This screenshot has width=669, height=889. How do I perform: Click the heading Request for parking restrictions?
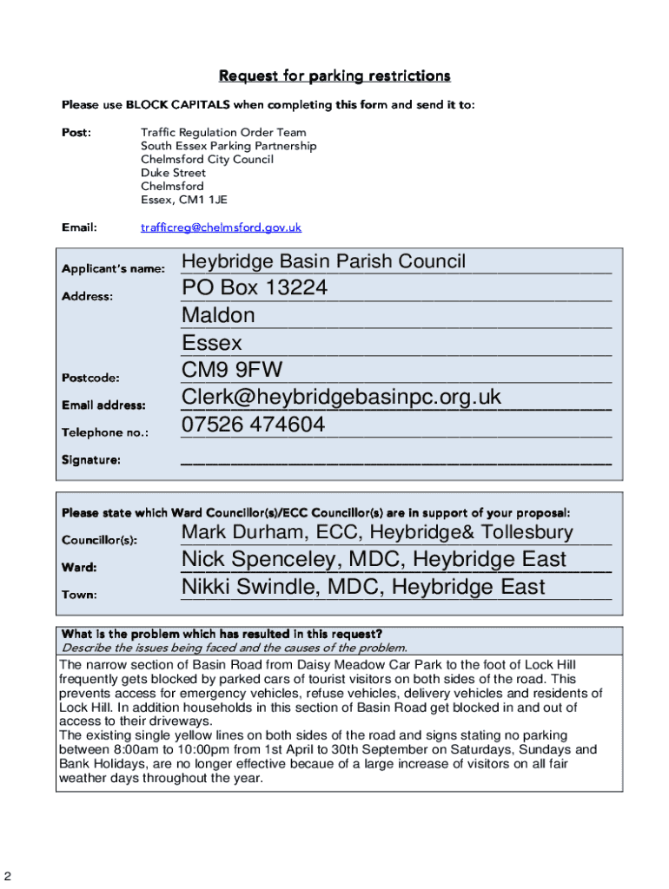(334, 76)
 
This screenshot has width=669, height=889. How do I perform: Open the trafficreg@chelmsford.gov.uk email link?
(221, 227)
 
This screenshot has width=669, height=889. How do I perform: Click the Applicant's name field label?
(113, 269)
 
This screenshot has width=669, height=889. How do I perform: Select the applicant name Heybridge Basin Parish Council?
(323, 261)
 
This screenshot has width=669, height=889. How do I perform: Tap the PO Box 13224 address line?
(255, 288)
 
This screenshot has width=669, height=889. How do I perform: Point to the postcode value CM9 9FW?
(232, 371)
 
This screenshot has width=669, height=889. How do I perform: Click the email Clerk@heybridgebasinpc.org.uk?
(341, 398)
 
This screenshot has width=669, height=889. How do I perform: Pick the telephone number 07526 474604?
(254, 425)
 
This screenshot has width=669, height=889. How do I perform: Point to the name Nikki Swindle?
(238, 587)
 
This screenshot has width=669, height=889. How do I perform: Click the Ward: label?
(79, 568)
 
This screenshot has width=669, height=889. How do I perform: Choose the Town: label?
(79, 595)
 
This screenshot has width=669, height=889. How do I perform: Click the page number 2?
(8, 874)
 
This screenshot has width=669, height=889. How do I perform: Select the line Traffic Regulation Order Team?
(223, 133)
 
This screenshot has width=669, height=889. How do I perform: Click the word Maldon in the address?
(218, 315)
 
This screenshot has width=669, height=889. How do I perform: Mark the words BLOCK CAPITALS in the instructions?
(178, 105)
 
